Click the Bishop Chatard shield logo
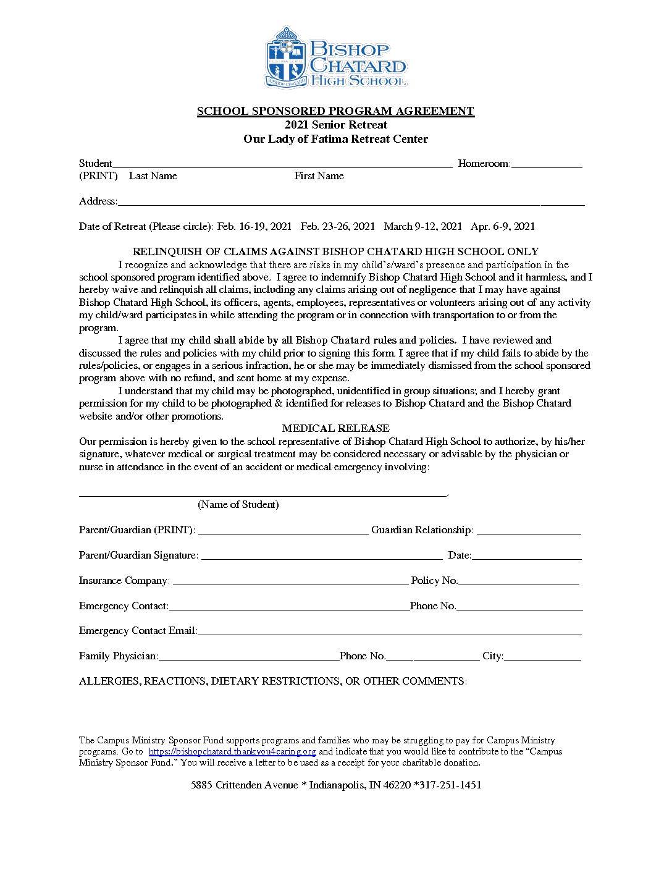pyautogui.click(x=286, y=57)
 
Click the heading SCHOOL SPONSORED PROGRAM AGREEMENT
pyautogui.click(x=335, y=111)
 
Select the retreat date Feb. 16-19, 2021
pyautogui.click(x=254, y=226)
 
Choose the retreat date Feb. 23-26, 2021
pyautogui.click(x=338, y=226)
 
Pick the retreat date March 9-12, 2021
pyautogui.click(x=423, y=226)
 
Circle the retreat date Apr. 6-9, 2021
pyautogui.click(x=503, y=226)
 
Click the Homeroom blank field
pyautogui.click(x=547, y=164)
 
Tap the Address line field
pyautogui.click(x=351, y=202)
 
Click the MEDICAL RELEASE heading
pyautogui.click(x=335, y=428)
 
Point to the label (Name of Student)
pyautogui.click(x=238, y=505)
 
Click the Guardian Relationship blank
pyautogui.click(x=529, y=531)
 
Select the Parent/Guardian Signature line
pyautogui.click(x=322, y=556)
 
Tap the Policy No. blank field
pyautogui.click(x=519, y=581)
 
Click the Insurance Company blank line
pyautogui.click(x=290, y=581)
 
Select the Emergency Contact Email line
pyautogui.click(x=389, y=631)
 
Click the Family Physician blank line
pyautogui.click(x=248, y=657)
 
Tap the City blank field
pyautogui.click(x=542, y=657)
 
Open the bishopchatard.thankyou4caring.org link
pyautogui.click(x=232, y=752)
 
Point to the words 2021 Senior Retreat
pyautogui.click(x=335, y=125)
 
